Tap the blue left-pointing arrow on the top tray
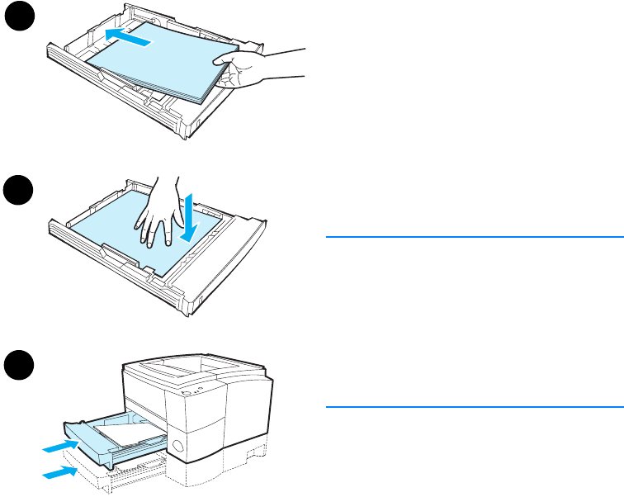(x=129, y=35)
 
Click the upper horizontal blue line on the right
(x=474, y=237)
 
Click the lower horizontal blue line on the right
(x=474, y=406)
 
